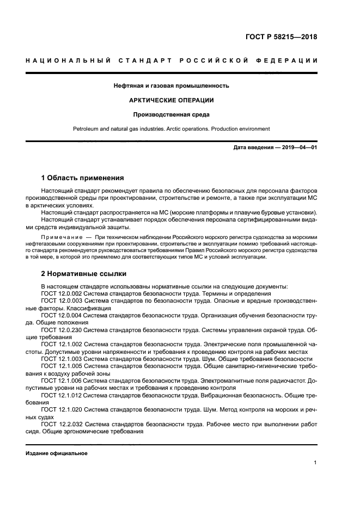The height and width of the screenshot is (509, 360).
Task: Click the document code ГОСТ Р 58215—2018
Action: [282, 38]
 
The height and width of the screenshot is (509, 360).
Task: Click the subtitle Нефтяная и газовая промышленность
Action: [171, 85]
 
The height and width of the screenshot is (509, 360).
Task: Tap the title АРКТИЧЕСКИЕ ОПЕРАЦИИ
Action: [171, 100]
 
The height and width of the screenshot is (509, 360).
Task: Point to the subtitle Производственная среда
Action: [171, 114]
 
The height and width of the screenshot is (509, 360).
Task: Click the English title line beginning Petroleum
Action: [171, 129]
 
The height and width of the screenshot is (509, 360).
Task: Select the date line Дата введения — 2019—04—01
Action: [275, 148]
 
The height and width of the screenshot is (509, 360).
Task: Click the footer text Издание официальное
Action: [57, 453]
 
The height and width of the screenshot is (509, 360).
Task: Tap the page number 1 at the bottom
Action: [315, 463]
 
